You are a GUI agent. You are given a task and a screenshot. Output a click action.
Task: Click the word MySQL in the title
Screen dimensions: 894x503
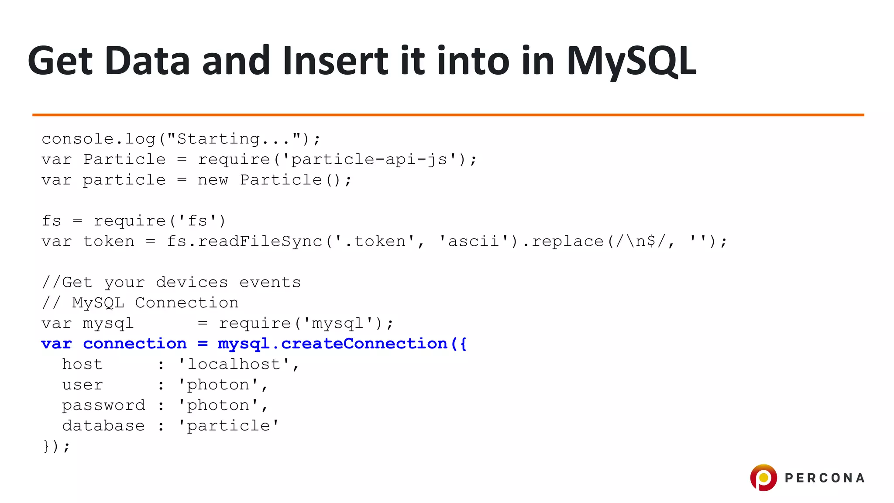631,61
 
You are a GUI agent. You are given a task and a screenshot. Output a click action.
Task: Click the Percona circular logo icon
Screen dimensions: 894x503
763,477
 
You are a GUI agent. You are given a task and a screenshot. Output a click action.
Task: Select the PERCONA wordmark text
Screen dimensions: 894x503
825,478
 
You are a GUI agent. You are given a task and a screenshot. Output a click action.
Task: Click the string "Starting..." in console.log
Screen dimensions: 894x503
234,139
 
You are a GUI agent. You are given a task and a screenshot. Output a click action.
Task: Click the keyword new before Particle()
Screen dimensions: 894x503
213,180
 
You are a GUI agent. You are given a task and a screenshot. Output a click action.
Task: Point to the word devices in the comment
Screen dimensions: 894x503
192,283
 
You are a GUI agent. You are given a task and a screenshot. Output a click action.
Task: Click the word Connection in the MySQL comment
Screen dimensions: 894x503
186,303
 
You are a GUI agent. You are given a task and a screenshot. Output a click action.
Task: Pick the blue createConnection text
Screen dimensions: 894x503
364,344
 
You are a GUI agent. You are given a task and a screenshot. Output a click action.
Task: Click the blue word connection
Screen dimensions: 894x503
134,344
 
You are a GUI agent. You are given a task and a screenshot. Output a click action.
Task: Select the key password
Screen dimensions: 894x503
103,405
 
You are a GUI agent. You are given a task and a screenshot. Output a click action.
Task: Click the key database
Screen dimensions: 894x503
103,426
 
